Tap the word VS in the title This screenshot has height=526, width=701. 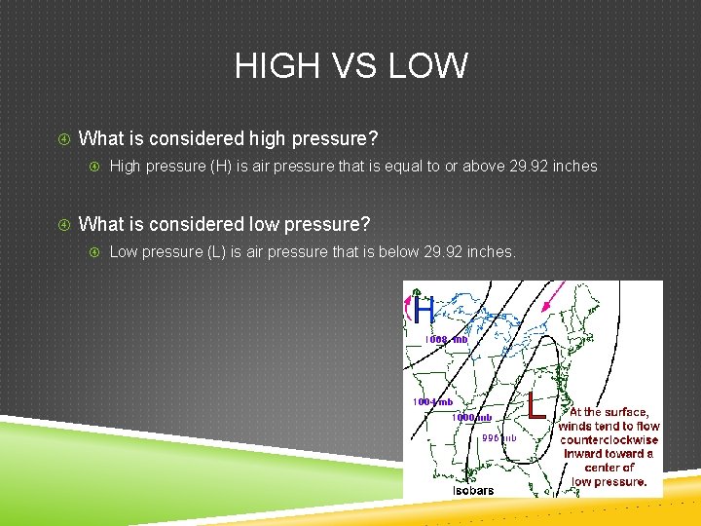click(x=351, y=66)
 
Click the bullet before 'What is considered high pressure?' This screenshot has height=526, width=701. click(x=64, y=138)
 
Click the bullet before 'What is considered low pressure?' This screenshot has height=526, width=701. click(x=64, y=225)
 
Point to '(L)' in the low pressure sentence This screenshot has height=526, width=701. click(x=216, y=252)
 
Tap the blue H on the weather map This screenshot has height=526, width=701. click(x=424, y=311)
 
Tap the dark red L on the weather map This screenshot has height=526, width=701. click(x=535, y=405)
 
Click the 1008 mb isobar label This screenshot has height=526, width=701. click(x=446, y=340)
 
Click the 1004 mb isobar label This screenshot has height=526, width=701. click(x=432, y=401)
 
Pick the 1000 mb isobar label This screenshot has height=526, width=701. click(x=471, y=418)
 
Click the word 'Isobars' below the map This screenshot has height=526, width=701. click(x=473, y=490)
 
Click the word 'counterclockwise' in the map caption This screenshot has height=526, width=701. click(x=609, y=439)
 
